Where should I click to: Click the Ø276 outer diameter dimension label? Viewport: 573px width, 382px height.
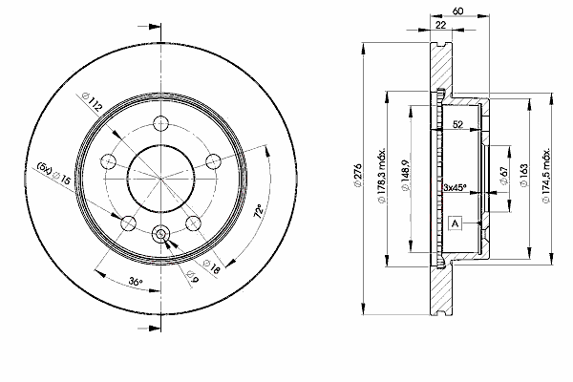point(357,176)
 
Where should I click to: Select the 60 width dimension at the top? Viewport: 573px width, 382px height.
point(457,11)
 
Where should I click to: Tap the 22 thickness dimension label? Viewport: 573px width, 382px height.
point(441,25)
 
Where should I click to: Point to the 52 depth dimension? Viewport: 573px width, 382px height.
point(457,124)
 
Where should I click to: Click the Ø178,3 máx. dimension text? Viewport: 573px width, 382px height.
point(381,176)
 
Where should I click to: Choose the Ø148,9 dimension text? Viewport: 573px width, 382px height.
point(405,176)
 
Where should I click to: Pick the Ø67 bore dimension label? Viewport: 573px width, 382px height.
point(504,176)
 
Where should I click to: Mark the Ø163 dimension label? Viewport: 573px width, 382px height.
point(523,176)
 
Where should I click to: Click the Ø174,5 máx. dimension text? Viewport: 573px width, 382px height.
point(546,176)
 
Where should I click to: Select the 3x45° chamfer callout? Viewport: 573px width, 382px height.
point(455,187)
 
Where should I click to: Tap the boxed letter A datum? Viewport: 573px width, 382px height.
point(455,223)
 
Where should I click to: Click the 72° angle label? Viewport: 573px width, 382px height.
point(259,211)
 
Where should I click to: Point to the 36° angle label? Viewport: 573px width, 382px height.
point(136,282)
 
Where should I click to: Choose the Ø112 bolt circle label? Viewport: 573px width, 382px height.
point(93,101)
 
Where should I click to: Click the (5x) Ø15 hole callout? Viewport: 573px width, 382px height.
point(53,174)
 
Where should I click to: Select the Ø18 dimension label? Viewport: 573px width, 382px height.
point(212,266)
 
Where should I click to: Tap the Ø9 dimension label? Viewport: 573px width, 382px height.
point(193,277)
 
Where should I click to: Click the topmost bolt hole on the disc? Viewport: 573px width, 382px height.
point(160,123)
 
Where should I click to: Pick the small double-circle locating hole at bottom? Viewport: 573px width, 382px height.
point(160,233)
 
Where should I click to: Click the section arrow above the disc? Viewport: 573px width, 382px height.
point(149,27)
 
